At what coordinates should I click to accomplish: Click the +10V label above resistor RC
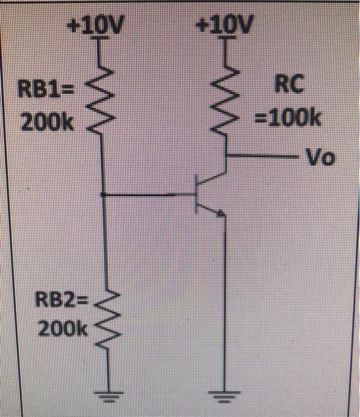(x=225, y=26)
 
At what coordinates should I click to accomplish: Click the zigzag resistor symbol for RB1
(x=103, y=95)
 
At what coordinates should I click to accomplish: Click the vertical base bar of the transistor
(x=197, y=194)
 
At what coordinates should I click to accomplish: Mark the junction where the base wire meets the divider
(x=103, y=194)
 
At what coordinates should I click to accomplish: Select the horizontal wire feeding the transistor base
(x=149, y=194)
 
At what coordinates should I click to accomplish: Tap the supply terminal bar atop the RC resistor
(x=226, y=39)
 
